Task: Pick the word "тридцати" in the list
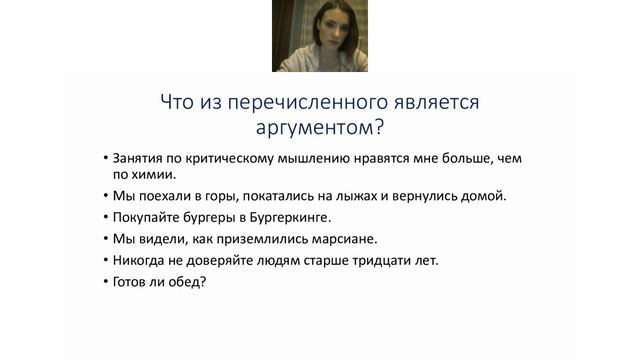378,261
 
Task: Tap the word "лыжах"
353,195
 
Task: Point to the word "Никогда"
141,261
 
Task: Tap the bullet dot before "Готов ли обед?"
104,283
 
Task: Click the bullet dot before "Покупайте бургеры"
104,217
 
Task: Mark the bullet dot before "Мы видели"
104,239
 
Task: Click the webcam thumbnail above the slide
319,36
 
